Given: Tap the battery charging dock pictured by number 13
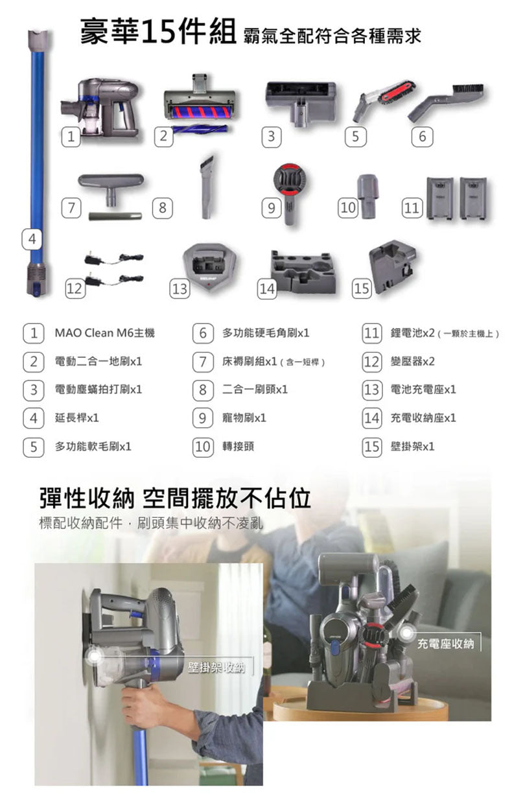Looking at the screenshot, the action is click(209, 265).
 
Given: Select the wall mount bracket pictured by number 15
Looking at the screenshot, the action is click(392, 266).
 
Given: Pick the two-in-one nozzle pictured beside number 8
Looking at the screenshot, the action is click(207, 187).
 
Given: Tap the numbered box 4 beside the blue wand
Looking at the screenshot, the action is click(32, 239).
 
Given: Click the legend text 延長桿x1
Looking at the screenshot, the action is click(76, 417).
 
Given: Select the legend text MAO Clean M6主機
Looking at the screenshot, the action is click(105, 333).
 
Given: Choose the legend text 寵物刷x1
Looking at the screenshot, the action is click(244, 417).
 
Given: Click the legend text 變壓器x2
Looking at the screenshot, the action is click(412, 362).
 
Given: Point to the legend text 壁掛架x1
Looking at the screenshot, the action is click(412, 447).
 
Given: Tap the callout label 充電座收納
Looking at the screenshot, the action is click(445, 644).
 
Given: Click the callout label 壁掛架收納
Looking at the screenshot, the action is click(216, 667).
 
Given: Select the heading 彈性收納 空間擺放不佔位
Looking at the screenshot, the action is click(175, 498).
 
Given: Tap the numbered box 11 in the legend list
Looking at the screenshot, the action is click(372, 333).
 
